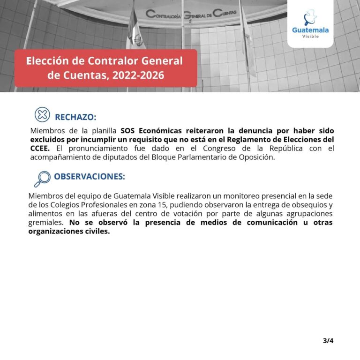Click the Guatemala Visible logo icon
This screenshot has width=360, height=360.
click(310, 18)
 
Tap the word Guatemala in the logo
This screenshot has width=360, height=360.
click(310, 30)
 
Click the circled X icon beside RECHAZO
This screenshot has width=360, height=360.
click(42, 114)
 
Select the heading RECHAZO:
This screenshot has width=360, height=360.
click(75, 117)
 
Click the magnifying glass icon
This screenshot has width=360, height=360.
click(42, 178)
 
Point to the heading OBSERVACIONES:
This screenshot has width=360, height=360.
click(89, 177)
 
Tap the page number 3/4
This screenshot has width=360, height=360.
click(328, 341)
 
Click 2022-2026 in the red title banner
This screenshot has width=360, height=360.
click(138, 75)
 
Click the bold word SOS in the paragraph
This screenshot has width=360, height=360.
click(128, 131)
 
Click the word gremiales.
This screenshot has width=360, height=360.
click(45, 223)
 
